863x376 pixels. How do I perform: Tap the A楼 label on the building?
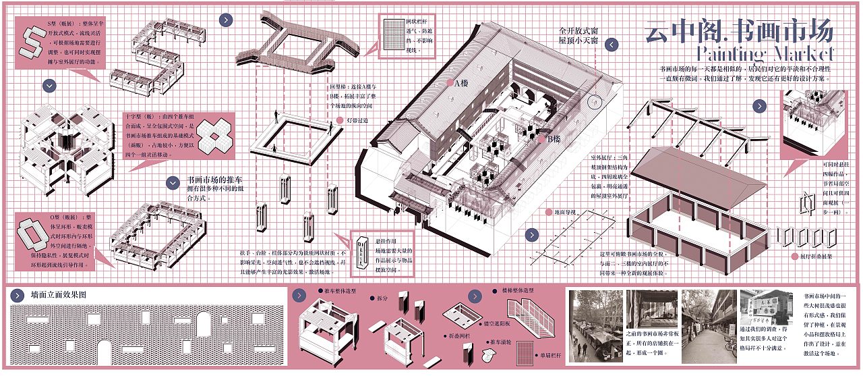click(460, 83)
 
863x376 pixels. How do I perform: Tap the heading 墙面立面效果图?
click(59, 295)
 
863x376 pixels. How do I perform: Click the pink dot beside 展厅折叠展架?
click(793, 257)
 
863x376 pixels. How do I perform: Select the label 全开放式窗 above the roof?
click(579, 31)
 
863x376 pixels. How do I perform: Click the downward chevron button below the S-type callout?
click(49, 86)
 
